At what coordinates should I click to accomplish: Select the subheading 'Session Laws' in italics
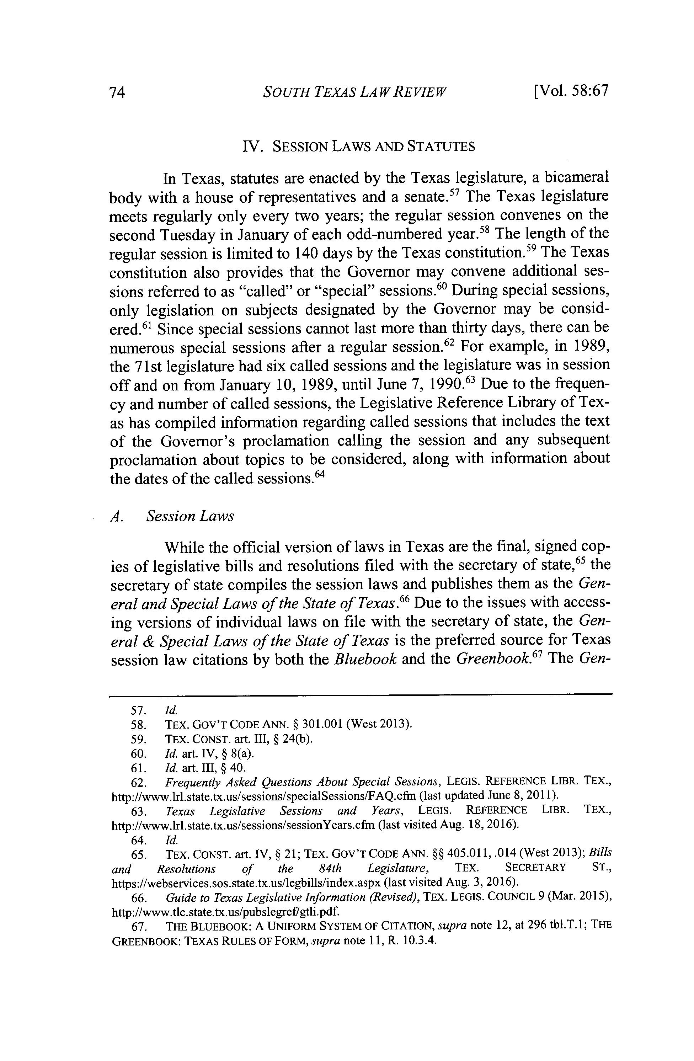190,516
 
